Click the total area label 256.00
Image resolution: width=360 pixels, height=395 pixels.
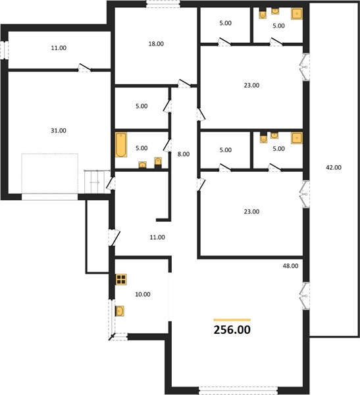point(232,330)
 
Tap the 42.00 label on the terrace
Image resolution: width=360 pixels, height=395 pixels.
point(334,167)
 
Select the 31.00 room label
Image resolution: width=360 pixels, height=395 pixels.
point(59,130)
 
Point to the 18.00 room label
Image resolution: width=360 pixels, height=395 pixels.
point(156,44)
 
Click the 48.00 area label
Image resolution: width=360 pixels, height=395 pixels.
point(290,266)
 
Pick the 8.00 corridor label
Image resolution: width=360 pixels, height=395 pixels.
point(184,154)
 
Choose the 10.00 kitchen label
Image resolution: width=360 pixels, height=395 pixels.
point(143,294)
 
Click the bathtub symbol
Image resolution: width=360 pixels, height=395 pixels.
point(121,145)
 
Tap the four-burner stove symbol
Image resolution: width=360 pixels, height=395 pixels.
point(121,279)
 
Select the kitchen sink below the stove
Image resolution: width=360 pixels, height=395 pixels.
point(120,311)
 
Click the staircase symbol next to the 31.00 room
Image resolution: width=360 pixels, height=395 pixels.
point(94,182)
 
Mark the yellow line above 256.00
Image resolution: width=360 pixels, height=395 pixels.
point(232,320)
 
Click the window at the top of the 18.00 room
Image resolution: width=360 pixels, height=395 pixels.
point(163,4)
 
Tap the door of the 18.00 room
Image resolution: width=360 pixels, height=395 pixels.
point(184,84)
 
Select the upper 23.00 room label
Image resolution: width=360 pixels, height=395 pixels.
point(251,86)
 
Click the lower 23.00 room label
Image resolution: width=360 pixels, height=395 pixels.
point(251,211)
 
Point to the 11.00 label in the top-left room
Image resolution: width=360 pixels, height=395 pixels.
point(59,48)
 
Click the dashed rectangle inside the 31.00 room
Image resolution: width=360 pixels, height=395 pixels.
point(49,153)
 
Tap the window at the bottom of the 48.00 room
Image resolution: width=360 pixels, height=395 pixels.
point(238,390)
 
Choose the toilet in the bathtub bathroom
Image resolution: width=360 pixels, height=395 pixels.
point(158,162)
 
